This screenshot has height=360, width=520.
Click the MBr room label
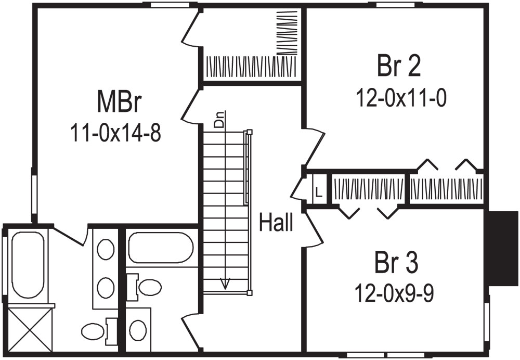click(x=119, y=102)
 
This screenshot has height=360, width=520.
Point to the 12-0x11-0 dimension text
click(x=401, y=97)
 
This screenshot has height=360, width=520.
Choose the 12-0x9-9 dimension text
click(x=396, y=293)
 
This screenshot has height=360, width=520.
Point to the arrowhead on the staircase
click(x=225, y=283)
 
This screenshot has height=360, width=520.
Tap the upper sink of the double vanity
click(x=106, y=249)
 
